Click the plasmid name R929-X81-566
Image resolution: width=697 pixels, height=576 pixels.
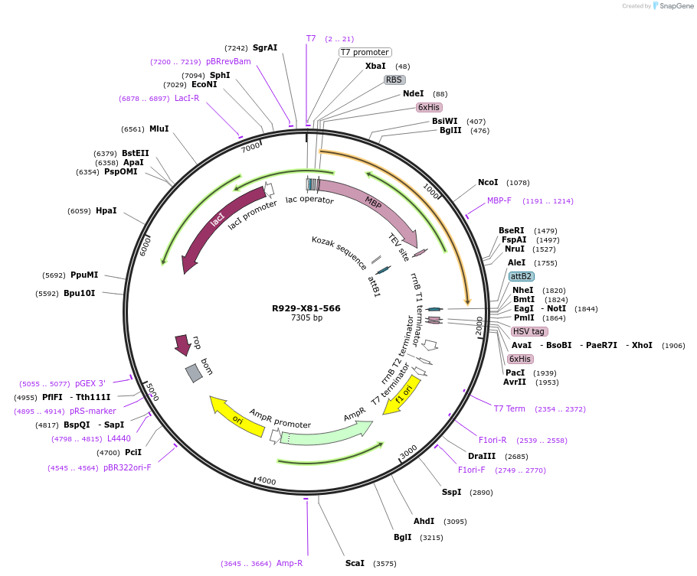point(306,308)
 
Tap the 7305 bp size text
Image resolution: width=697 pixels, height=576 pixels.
point(306,318)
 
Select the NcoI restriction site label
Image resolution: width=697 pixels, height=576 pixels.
point(488,183)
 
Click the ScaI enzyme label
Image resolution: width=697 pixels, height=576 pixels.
point(355,564)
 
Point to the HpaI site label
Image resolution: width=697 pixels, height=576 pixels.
point(106,211)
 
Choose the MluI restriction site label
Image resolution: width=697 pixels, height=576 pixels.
point(159,129)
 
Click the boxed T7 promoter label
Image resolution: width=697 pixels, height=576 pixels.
point(365,53)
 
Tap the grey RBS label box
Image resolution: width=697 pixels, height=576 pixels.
point(394,80)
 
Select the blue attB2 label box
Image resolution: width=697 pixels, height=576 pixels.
point(522,276)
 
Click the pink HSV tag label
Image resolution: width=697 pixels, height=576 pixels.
point(529,331)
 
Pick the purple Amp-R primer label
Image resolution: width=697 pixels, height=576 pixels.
point(290,564)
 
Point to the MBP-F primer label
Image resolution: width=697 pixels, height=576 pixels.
point(499,200)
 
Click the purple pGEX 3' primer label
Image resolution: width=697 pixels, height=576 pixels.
point(90,384)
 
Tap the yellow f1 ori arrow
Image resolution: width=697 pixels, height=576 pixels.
point(403,394)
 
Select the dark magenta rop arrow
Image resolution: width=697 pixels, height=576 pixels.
point(182,345)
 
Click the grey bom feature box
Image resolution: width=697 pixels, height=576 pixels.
point(195,373)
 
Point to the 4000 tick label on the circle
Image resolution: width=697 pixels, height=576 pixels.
point(266,480)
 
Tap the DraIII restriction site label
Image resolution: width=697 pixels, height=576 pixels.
point(482,457)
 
